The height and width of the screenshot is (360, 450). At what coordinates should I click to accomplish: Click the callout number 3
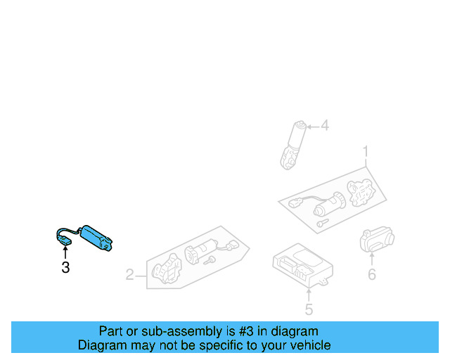pyautogui.click(x=65, y=267)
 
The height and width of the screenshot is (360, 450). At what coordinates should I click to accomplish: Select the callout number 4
pyautogui.click(x=324, y=126)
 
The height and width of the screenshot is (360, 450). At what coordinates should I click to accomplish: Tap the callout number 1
pyautogui.click(x=366, y=151)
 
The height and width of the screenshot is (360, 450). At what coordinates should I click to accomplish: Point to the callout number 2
pyautogui.click(x=129, y=274)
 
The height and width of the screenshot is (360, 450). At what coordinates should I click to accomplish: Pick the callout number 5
pyautogui.click(x=309, y=309)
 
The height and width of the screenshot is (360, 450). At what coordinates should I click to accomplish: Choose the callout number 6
pyautogui.click(x=372, y=274)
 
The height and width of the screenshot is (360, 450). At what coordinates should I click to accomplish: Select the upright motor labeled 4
pyautogui.click(x=293, y=144)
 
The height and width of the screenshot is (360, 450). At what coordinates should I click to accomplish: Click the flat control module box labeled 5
pyautogui.click(x=302, y=266)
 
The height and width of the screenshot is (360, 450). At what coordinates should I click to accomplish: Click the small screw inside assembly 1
pyautogui.click(x=321, y=222)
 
